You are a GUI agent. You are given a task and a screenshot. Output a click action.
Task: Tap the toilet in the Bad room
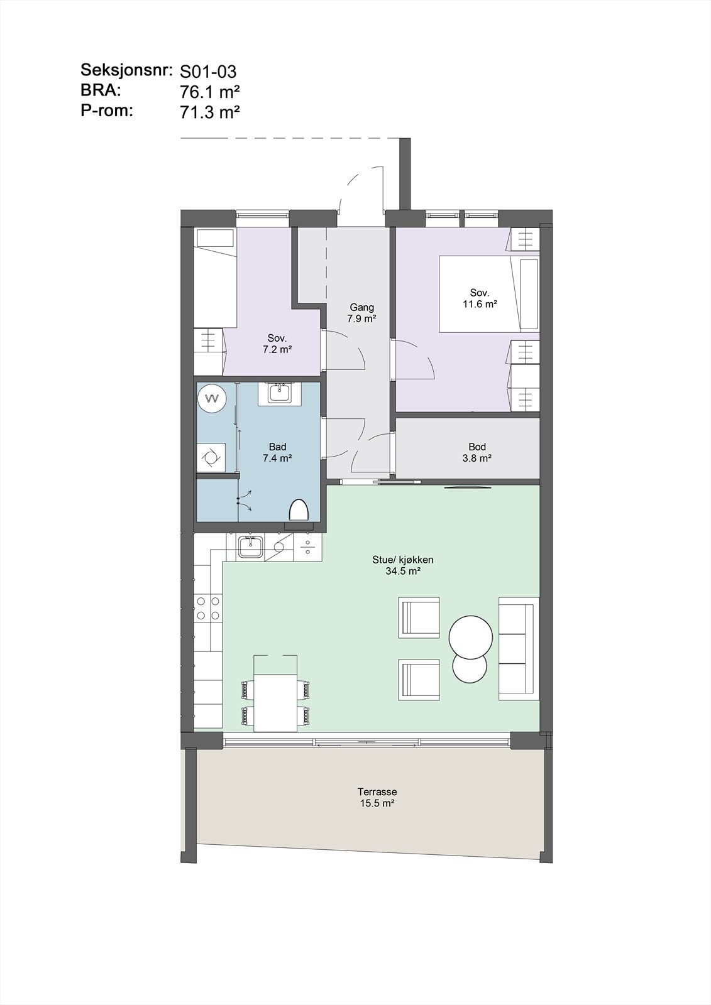tap(300, 510)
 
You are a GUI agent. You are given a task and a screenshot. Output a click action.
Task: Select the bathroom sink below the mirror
tap(278, 394)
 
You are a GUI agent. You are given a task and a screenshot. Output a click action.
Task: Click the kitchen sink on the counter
tap(250, 548)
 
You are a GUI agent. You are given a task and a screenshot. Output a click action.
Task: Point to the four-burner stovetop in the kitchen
tap(208, 608)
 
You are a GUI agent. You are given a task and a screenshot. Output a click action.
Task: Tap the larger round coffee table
tap(471, 637)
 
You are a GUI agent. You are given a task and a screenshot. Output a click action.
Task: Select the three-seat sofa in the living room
tap(519, 649)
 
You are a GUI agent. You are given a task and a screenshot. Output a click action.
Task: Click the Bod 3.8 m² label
tap(477, 453)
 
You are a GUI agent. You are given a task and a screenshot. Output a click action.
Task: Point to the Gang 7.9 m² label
tap(361, 313)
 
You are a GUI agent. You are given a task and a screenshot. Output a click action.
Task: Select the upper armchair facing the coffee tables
tap(419, 619)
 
